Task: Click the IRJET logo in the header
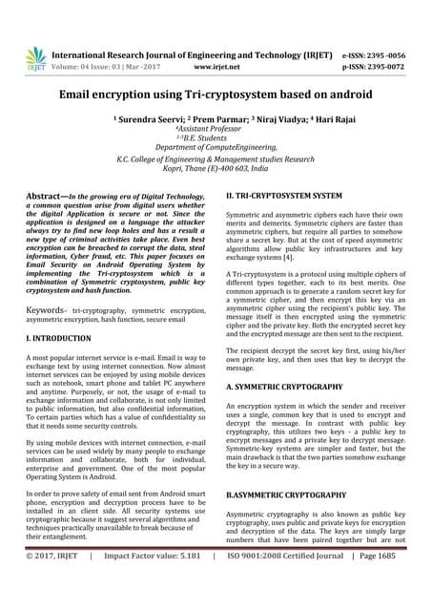pos(36,58)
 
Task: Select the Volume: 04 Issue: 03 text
pos(100,69)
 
